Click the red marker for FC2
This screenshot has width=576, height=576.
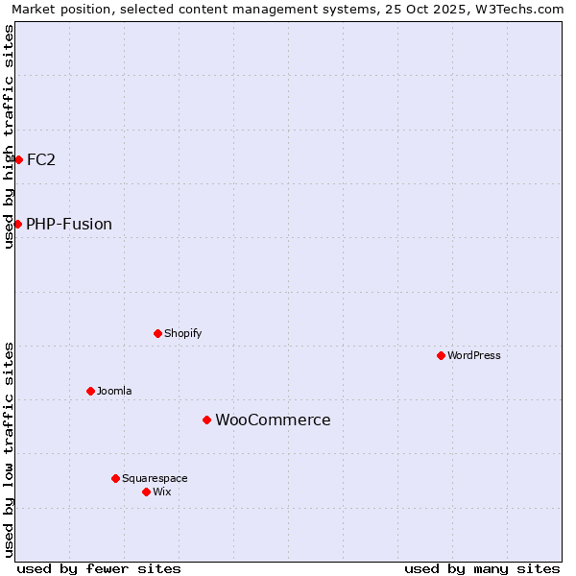(18, 159)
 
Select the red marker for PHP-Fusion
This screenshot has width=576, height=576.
(17, 224)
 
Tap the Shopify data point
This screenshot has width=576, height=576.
(157, 333)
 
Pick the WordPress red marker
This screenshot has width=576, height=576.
(441, 355)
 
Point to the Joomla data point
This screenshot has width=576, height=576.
(90, 391)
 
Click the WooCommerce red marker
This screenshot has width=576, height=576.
(206, 420)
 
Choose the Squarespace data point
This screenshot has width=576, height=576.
(115, 478)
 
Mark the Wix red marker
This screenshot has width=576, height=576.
(146, 492)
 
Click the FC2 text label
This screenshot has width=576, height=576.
(41, 159)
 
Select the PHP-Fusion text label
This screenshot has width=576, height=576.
(69, 225)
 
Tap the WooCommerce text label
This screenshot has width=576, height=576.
(273, 420)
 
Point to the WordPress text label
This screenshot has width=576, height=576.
(474, 355)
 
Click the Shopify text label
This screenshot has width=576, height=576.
(183, 334)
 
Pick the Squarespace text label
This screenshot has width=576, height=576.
(155, 478)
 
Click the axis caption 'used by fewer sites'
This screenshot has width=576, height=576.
(99, 568)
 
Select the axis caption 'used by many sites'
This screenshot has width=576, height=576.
(482, 568)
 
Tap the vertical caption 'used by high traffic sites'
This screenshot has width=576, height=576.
(9, 136)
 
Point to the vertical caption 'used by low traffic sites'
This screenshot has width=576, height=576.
(9, 449)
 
